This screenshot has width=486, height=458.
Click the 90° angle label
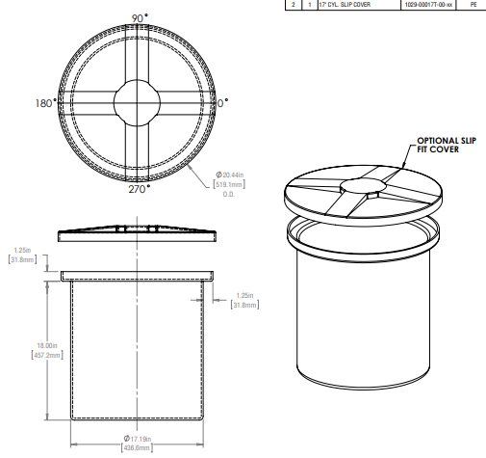point(139,18)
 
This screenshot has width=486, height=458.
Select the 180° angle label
point(45,103)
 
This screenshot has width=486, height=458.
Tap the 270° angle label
point(139,190)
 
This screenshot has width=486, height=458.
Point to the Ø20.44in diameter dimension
point(231,174)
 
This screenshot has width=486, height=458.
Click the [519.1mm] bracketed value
point(231,183)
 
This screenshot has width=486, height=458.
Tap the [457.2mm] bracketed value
point(21,355)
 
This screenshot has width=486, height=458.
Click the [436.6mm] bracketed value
point(137,448)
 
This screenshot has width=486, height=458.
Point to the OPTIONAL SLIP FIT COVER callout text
point(445,145)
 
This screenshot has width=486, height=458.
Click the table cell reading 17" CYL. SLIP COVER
point(350,5)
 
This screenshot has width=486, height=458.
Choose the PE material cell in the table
point(473,5)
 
